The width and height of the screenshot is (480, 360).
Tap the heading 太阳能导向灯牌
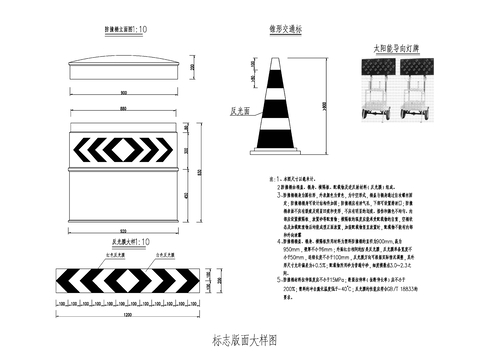395,46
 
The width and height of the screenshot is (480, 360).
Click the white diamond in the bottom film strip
125,280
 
